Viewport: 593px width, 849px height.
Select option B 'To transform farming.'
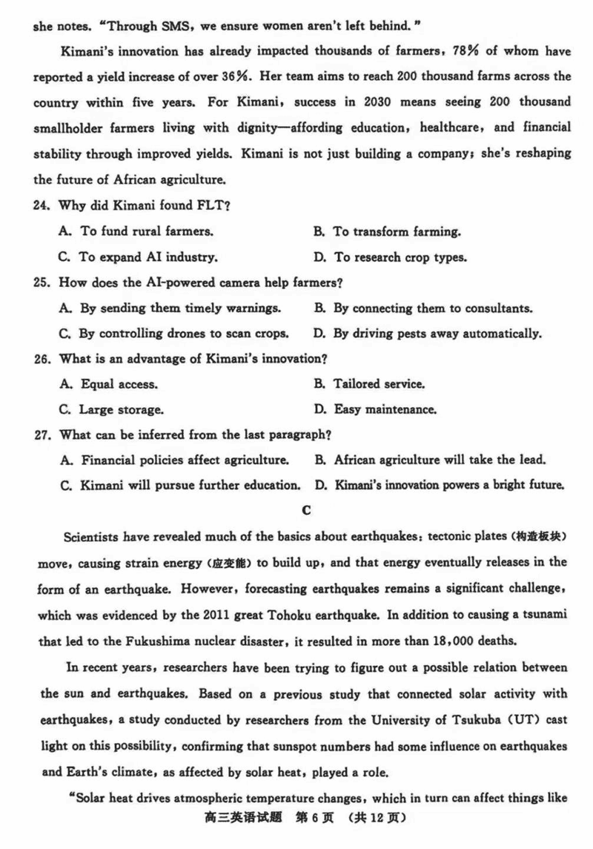point(387,231)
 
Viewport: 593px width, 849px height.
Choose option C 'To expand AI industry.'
point(138,257)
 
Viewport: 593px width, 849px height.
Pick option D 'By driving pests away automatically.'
point(427,333)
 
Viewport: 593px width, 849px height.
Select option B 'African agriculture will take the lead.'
point(430,460)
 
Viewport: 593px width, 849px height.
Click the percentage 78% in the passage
point(466,51)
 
